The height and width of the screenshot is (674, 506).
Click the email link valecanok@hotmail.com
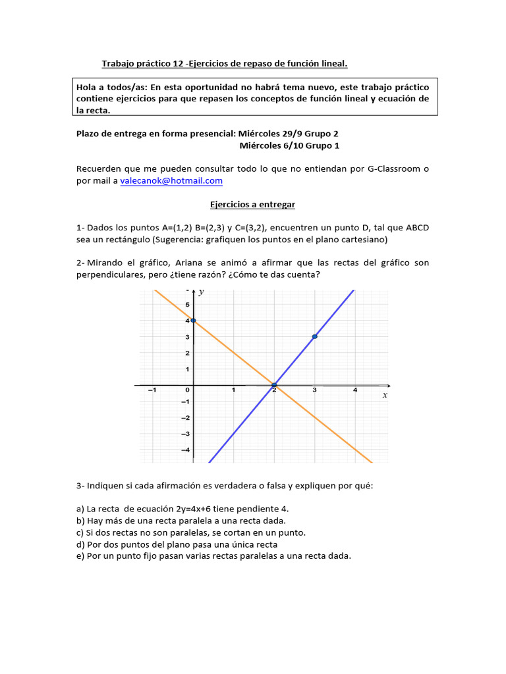171,180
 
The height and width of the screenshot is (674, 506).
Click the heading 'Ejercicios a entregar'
252,205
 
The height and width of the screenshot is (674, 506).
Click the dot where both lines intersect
274,385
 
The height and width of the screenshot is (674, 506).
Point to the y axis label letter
201,293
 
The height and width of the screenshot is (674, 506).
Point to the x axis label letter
385,396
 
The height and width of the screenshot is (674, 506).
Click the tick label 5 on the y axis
187,305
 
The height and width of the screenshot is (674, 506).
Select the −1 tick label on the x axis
152,391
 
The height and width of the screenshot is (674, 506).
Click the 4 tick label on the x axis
355,391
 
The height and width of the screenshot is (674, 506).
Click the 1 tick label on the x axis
234,391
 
